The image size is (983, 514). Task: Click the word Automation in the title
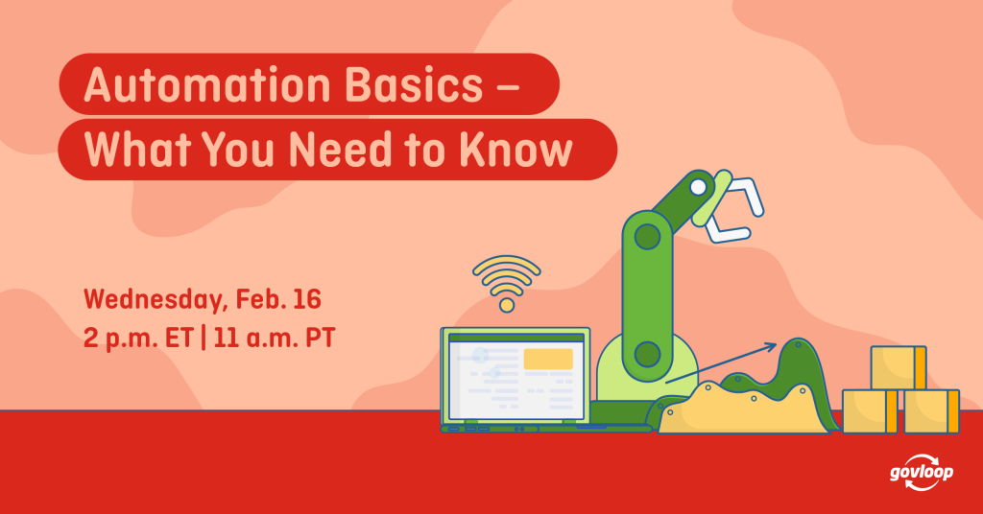pyautogui.click(x=207, y=84)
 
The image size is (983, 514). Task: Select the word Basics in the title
pyautogui.click(x=414, y=84)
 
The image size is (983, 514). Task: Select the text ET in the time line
pyautogui.click(x=179, y=339)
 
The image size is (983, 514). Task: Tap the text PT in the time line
pyautogui.click(x=321, y=339)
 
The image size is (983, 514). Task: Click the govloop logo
pyautogui.click(x=922, y=473)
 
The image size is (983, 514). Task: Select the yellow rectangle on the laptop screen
pyautogui.click(x=548, y=360)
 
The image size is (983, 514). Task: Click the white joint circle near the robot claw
pyautogui.click(x=699, y=187)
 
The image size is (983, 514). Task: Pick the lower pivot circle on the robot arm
pyautogui.click(x=647, y=355)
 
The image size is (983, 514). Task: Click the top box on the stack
pyautogui.click(x=899, y=367)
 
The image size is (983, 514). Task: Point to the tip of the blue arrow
pyautogui.click(x=777, y=343)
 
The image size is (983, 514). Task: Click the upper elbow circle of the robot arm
pyautogui.click(x=647, y=237)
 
